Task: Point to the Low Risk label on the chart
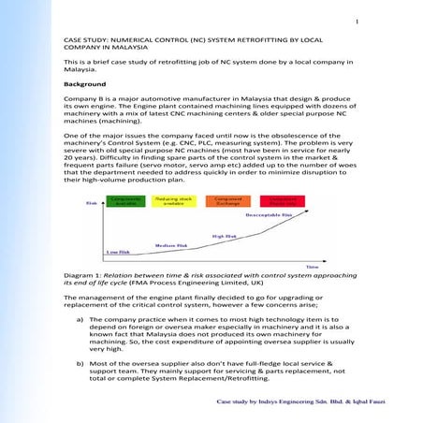pos(117,251)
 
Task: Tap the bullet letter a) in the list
pos(80,319)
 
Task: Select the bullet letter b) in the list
pos(80,359)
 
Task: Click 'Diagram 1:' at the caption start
pos(84,278)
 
